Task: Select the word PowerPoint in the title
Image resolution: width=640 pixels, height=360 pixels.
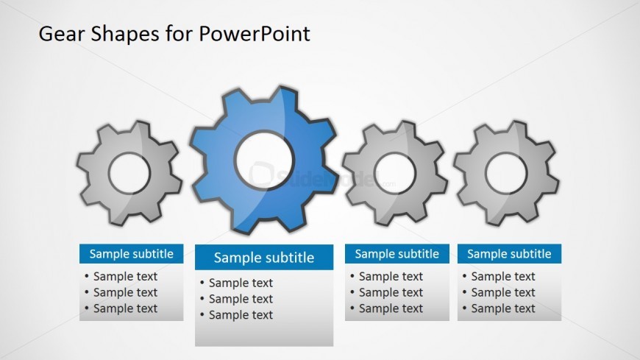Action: (255, 34)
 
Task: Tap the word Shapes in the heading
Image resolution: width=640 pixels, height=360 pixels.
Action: (125, 35)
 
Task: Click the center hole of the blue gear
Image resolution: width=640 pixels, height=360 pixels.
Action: (265, 160)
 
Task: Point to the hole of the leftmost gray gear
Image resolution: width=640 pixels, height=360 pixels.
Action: (129, 173)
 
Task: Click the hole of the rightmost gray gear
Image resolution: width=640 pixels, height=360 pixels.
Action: (507, 173)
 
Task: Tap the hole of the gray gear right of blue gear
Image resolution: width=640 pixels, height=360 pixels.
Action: (395, 173)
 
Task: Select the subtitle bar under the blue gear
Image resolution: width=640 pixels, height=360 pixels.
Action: (264, 258)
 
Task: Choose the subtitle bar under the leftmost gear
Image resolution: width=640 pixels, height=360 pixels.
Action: (132, 254)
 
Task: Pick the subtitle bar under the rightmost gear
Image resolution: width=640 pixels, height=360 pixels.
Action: (509, 254)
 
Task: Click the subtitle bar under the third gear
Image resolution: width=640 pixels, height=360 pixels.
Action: (397, 254)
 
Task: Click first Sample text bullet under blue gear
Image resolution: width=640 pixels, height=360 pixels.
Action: (241, 283)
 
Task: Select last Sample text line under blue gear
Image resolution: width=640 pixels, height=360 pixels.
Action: (241, 315)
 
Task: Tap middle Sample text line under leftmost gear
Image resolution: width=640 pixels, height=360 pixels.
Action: (125, 292)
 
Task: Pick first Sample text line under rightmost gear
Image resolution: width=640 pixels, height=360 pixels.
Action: (503, 277)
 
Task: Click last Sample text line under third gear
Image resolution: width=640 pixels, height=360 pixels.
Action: (391, 308)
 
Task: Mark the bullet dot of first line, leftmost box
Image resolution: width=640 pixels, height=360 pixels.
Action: (87, 276)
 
